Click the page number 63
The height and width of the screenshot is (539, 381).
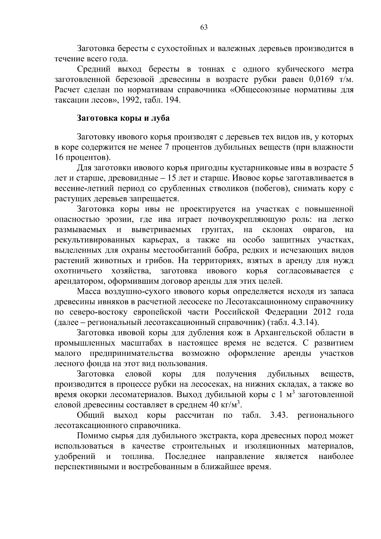coord(204,28)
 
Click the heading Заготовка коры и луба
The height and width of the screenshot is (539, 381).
coord(123,118)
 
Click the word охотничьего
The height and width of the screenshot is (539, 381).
coord(78,271)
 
